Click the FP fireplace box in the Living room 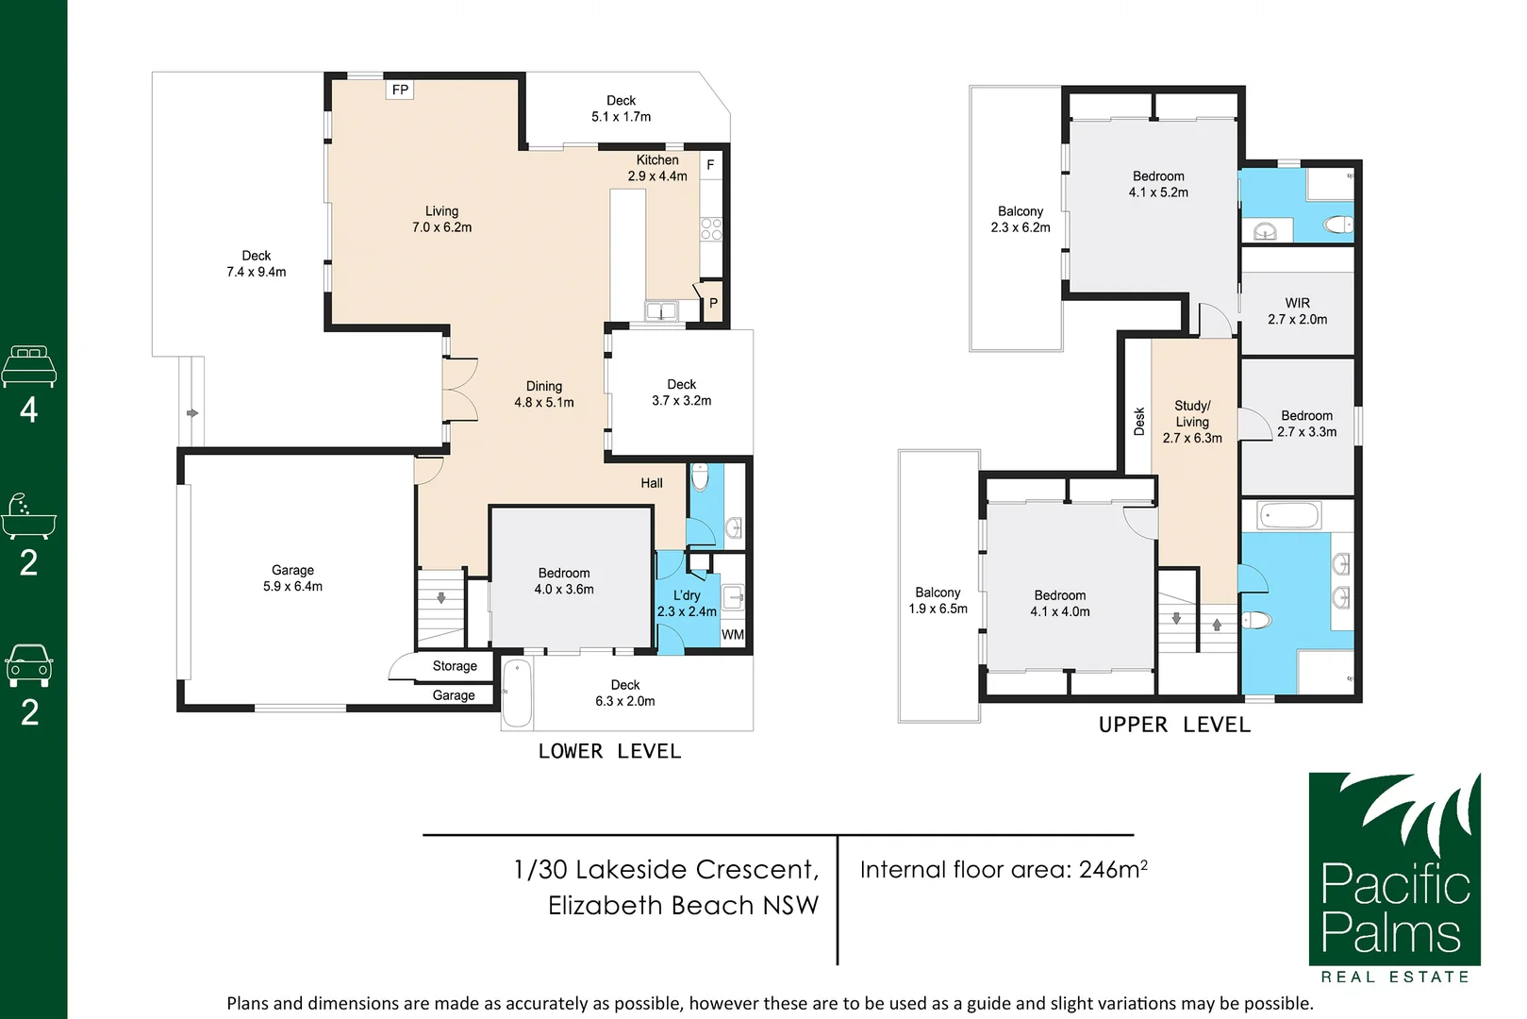point(400,90)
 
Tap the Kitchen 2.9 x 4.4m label point(657,168)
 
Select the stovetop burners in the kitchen point(711,229)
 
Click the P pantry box point(713,304)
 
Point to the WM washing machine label point(732,635)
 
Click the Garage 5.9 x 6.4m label point(293,577)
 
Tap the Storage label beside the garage point(455,666)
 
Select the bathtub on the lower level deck point(518,693)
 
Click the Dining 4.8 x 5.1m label point(544,394)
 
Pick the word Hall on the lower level point(652,483)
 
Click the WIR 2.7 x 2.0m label point(1297,311)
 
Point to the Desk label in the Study point(1139,421)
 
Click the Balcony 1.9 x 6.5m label point(938,601)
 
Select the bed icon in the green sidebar point(29,366)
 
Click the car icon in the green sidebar point(29,665)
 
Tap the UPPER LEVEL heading point(1174,725)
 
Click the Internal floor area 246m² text point(1004,870)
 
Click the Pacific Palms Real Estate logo point(1395,877)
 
